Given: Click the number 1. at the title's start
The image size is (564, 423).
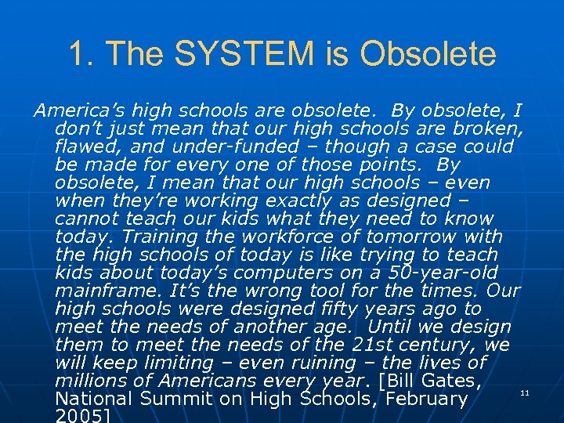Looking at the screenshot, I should click(81, 54).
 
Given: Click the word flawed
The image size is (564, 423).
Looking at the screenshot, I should click(83, 146).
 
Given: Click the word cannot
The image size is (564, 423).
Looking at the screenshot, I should click(85, 219).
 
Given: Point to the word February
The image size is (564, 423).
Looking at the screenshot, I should click(424, 399).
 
